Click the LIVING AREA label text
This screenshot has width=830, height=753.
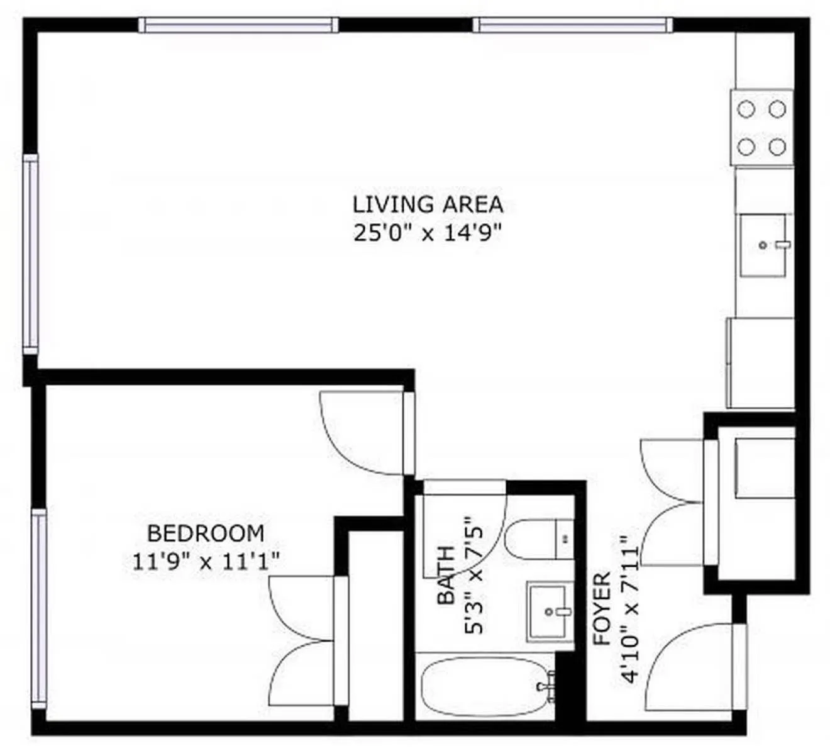pos(428,204)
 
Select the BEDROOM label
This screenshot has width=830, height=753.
pos(206,533)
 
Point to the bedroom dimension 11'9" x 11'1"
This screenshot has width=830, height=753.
pos(206,561)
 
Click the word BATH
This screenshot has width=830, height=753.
pos(446,575)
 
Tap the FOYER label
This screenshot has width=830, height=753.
pos(602,608)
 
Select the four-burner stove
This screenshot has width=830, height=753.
pos(761,128)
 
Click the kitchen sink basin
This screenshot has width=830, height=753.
pos(763,245)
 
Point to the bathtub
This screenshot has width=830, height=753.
pos(484,687)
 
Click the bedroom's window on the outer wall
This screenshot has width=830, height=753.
pos(39,607)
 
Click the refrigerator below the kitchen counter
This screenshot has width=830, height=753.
pos(761,363)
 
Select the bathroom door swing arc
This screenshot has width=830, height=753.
pos(465,528)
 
